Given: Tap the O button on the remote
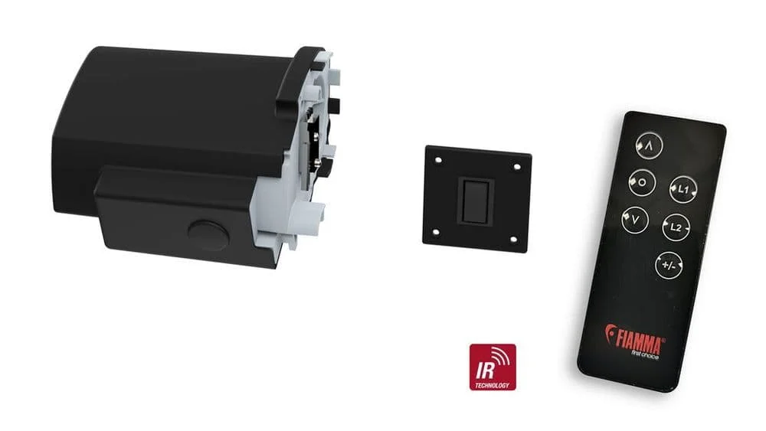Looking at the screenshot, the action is [x=641, y=182].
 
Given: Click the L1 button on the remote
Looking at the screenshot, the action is [x=683, y=188].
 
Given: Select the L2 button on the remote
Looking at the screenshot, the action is [x=676, y=227].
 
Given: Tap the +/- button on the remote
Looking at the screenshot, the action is [x=669, y=265].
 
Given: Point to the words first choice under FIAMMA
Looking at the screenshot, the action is [x=645, y=354].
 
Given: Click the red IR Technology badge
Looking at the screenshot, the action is [x=493, y=367].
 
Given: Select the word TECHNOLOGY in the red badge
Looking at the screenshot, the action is [x=493, y=385].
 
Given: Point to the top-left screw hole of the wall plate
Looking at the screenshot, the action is [x=438, y=159].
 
